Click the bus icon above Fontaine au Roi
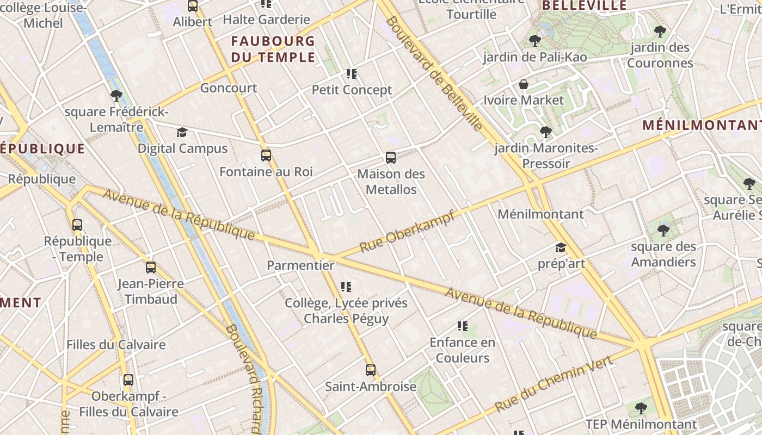[266, 156]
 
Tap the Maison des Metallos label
[391, 182]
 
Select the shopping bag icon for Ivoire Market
[524, 84]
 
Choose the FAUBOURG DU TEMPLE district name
[273, 49]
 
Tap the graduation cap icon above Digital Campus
[182, 133]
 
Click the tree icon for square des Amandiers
[663, 231]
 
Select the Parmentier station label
[300, 265]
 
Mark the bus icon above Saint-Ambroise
[371, 370]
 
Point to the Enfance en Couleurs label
[463, 350]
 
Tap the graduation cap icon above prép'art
[561, 248]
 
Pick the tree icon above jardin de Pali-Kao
[534, 41]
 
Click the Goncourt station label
[229, 88]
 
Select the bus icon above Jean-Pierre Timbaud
[151, 268]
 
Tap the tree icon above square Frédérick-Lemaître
[116, 96]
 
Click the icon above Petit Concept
[352, 73]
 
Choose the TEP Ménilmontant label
[641, 424]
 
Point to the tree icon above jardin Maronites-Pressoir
[545, 132]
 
